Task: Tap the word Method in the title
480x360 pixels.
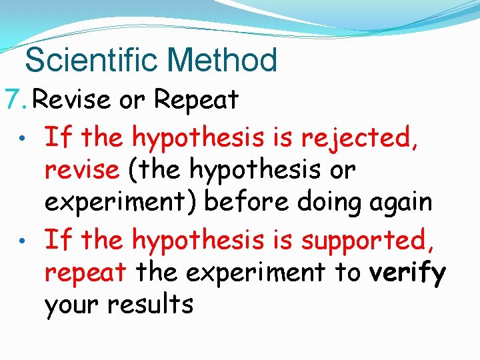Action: pos(222,60)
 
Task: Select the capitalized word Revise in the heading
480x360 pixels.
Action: pos(71,100)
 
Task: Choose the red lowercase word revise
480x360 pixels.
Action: pos(81,170)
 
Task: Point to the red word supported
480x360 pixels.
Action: pos(368,238)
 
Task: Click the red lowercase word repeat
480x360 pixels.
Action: pos(85,272)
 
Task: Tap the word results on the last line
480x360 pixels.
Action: pos(149,305)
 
